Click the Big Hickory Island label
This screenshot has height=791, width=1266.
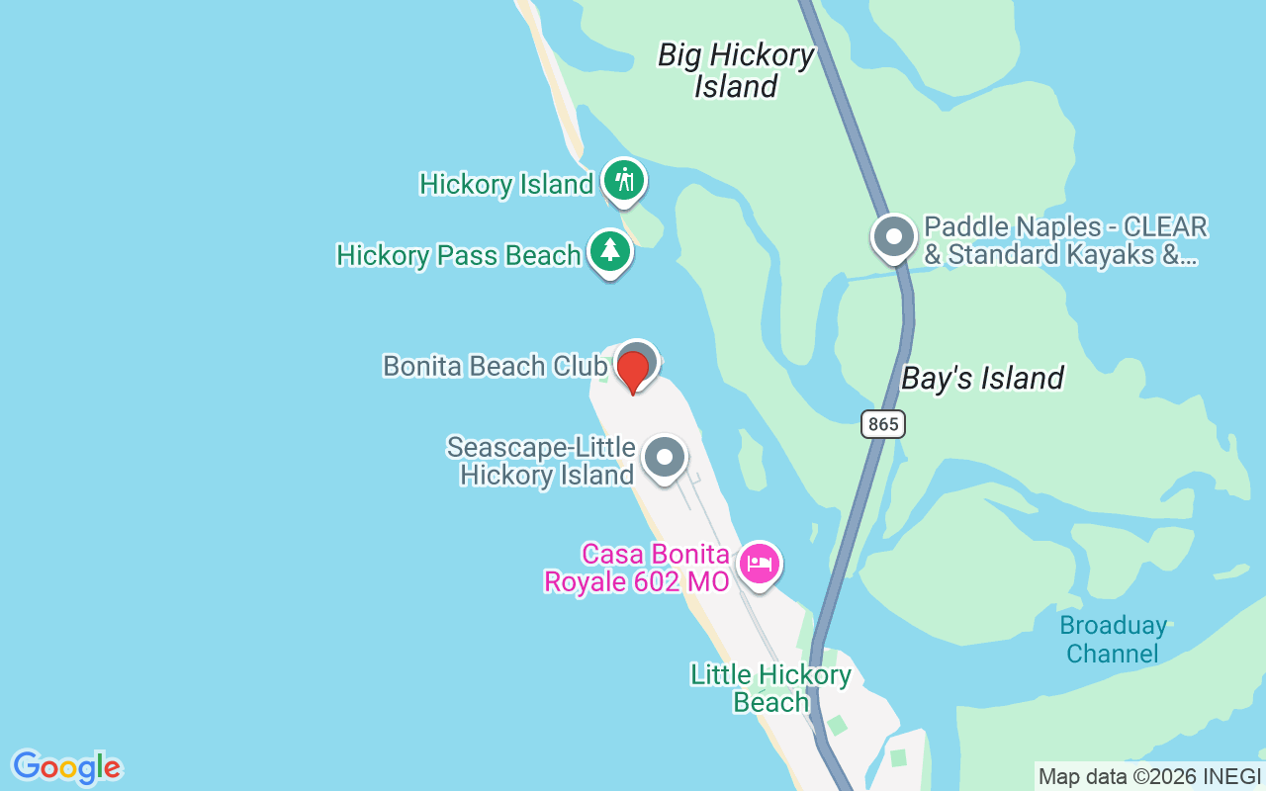pos(736,70)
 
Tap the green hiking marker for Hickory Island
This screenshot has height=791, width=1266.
pos(623,181)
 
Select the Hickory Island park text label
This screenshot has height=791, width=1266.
pos(505,185)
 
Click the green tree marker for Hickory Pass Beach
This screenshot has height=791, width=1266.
pos(610,251)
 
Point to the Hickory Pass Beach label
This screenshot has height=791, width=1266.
pos(458,255)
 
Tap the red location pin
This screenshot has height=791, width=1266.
pos(633,371)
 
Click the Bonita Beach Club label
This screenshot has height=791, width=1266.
pos(494,366)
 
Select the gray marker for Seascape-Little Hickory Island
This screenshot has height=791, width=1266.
pos(665,458)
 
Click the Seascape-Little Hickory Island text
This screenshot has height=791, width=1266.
pos(541,461)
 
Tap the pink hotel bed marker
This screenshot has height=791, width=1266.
pos(759,565)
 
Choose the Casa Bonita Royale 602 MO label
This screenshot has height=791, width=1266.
pos(638,568)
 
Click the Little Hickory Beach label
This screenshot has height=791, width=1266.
pos(770,688)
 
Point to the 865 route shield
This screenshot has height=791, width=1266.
pos(882,424)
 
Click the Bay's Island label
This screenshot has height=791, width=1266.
pos(982,379)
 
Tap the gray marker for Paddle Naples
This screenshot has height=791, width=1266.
pos(894,238)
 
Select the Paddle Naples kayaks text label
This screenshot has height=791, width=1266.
pos(1065,241)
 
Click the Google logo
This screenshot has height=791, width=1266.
pos(66,766)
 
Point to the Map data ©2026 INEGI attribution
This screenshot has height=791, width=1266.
pos(1149,777)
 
